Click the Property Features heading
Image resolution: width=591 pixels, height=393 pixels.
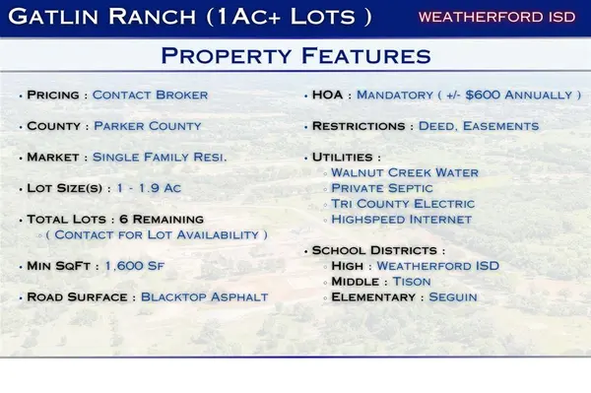click(295, 56)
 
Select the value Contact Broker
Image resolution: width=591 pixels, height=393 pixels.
click(150, 96)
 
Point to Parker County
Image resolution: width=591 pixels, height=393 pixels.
click(148, 126)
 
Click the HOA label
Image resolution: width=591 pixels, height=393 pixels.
click(328, 96)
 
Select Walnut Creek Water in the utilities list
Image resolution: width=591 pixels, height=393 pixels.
click(405, 172)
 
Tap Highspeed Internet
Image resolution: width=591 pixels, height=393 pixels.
click(401, 220)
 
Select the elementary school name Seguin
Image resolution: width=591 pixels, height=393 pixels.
click(453, 297)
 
